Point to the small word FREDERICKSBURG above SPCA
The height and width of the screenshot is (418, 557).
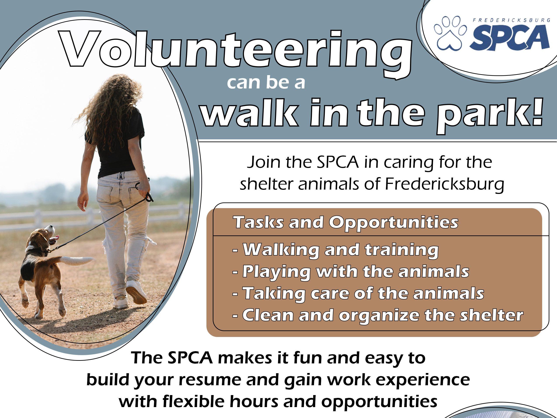coord(511,20)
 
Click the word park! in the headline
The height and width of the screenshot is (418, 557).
coord(490,116)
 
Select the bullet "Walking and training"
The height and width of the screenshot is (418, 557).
coord(336,250)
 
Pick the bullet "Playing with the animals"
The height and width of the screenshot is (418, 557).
coord(351,272)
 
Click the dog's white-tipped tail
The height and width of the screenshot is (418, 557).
coord(76,261)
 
